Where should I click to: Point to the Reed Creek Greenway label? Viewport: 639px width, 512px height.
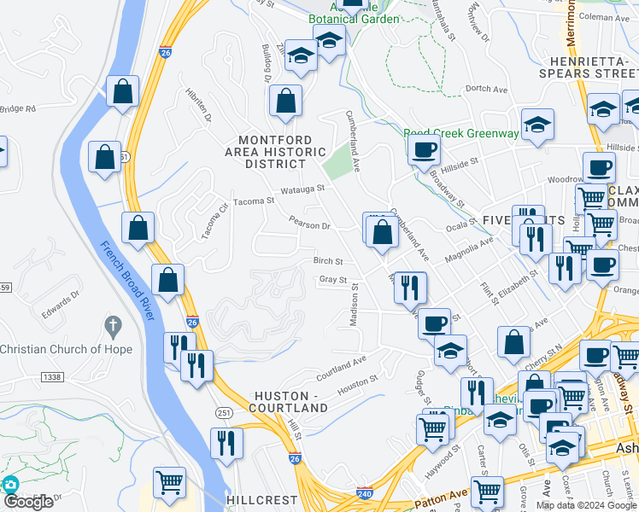(460, 134)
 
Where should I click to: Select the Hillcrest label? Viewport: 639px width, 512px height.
(261, 499)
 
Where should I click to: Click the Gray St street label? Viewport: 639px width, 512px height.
(333, 280)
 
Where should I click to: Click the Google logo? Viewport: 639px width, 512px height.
(29, 503)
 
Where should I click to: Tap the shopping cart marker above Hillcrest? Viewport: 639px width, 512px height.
(169, 483)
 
